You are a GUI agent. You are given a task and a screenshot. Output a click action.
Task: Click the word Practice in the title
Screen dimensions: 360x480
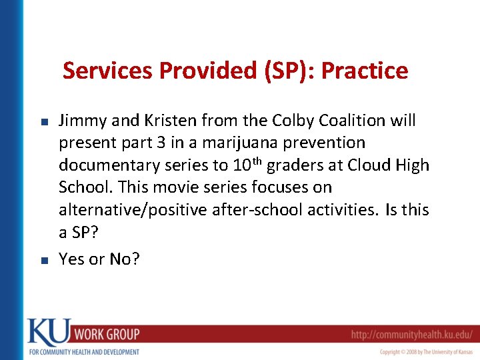365,71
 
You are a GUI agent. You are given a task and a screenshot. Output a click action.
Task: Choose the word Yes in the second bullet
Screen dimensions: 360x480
71,259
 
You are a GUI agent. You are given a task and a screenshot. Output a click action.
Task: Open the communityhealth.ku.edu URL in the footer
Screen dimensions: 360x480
412,334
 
